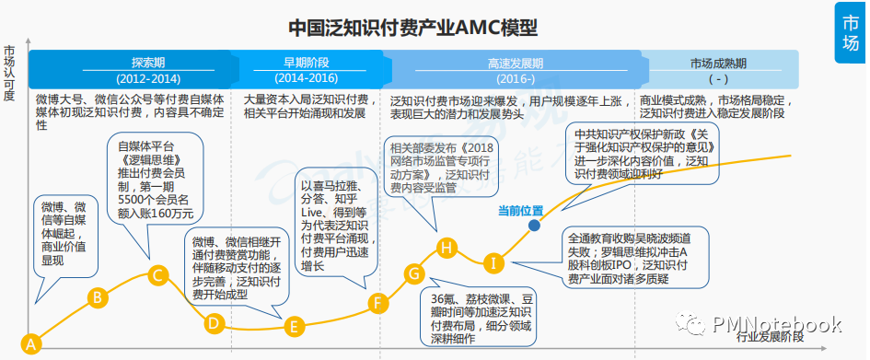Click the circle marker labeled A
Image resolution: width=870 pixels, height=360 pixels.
tap(32, 344)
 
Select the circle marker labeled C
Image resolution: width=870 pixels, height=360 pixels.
tap(157, 273)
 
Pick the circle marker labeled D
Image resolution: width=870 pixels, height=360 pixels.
tap(213, 322)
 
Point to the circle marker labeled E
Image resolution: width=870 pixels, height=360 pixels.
tap(294, 327)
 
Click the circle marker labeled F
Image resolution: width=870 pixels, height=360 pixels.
tap(376, 301)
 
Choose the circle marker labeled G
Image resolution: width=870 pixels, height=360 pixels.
tap(413, 273)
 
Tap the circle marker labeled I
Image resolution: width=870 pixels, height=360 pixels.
tap(493, 263)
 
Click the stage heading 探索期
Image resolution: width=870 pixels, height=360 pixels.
tap(148, 64)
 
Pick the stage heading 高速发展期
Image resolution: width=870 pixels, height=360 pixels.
tap(515, 64)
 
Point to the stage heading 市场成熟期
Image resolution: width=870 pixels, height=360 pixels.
tap(718, 64)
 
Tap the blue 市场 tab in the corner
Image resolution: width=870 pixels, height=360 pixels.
tap(852, 31)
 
